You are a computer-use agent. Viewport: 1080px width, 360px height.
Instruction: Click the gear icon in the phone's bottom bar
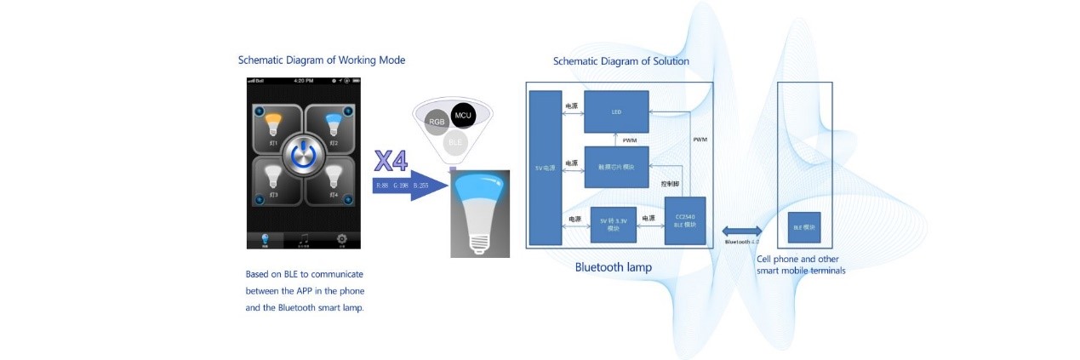tap(340, 240)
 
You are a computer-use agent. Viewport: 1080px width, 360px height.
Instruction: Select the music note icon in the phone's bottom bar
tap(302, 240)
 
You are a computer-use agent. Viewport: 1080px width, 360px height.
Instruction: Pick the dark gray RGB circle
tap(437, 123)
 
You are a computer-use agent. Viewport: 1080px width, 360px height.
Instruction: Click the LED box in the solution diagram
tap(616, 111)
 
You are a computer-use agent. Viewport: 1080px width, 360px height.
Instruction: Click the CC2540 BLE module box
tap(685, 220)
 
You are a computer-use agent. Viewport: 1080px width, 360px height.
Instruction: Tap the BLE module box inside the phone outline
tap(804, 227)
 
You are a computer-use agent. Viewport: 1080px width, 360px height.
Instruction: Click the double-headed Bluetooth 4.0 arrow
tap(741, 230)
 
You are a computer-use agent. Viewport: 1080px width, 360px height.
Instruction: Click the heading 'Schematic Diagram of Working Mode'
tap(322, 60)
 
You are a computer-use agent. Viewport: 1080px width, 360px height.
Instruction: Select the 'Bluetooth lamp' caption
tap(614, 267)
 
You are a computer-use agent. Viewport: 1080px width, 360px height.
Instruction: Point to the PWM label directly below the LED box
tap(630, 140)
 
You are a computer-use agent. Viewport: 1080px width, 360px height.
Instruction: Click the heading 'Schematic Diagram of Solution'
tap(621, 61)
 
